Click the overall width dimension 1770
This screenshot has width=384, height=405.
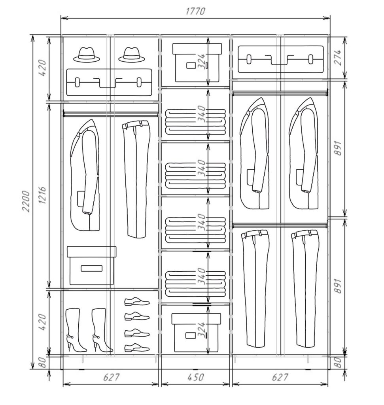tap(195, 11)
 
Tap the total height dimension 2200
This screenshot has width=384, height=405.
tap(26, 201)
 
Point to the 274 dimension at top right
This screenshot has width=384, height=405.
tap(339, 58)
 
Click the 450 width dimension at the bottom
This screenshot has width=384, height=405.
tap(195, 377)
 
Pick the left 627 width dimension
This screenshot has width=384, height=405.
tap(111, 377)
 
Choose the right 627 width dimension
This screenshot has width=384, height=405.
tap(280, 377)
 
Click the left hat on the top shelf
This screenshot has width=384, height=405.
tap(87, 55)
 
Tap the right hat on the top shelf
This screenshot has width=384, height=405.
tap(132, 55)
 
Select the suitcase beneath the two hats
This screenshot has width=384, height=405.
tap(109, 82)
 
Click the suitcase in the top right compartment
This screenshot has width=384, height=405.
tap(280, 59)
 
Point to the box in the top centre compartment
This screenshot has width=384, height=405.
tap(197, 63)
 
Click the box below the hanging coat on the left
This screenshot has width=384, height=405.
tap(91, 265)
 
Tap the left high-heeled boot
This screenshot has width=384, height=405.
tap(76, 330)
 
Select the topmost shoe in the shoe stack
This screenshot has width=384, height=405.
tap(137, 302)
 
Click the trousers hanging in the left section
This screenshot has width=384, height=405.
tap(136, 179)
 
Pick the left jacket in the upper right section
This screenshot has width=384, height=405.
tap(255, 153)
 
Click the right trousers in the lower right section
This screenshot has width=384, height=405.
tap(305, 288)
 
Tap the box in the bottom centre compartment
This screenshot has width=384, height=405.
tap(196, 333)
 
